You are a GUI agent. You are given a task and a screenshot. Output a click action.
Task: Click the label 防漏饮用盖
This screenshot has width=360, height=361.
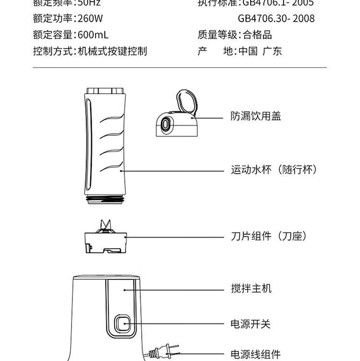tap(255, 117)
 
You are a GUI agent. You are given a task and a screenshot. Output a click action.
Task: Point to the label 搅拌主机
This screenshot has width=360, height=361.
tap(251, 289)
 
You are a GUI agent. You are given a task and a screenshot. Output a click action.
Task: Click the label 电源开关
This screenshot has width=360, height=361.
tap(251, 324)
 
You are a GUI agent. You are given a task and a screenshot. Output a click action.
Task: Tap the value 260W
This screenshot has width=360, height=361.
tap(90, 19)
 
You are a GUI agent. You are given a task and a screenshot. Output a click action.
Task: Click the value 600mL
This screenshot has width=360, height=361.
tap(93, 35)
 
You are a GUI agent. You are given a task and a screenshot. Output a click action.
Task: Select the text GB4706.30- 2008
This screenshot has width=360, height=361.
tap(276, 19)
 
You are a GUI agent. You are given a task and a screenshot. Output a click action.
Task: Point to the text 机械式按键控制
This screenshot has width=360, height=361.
tap(112, 51)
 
